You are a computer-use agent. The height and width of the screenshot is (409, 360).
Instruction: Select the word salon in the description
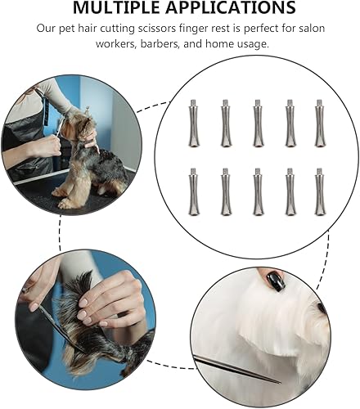(305, 28)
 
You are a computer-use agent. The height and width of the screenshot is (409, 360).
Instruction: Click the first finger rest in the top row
(193, 124)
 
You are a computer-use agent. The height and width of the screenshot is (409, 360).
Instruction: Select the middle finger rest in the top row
(256, 124)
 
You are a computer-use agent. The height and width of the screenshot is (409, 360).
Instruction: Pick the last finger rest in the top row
(320, 124)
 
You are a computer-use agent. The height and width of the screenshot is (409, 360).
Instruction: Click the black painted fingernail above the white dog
(276, 281)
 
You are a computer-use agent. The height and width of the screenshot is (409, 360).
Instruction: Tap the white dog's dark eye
(321, 308)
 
